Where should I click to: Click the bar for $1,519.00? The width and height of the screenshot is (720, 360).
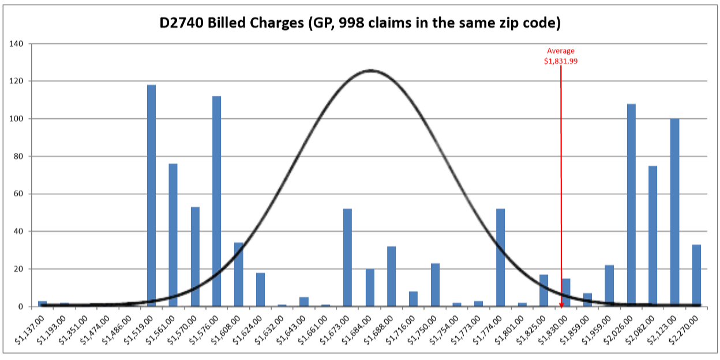click(151, 196)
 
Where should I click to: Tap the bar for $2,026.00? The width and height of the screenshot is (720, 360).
click(631, 205)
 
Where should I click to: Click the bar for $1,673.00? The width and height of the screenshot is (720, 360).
click(347, 257)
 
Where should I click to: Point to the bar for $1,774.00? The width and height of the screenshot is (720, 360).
click(500, 257)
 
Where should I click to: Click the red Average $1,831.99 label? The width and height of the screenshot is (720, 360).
click(560, 55)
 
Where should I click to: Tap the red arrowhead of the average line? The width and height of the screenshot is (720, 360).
click(561, 303)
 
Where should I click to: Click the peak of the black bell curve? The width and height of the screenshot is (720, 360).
click(370, 70)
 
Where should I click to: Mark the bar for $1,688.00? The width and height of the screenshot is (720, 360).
click(391, 276)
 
